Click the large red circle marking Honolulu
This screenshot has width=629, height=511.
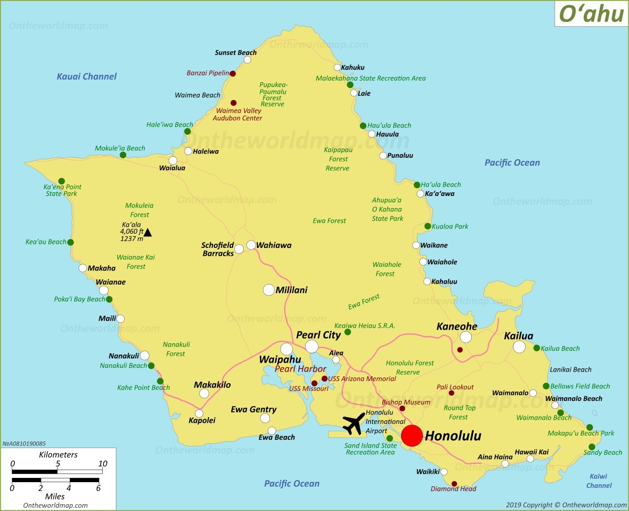tap(412, 436)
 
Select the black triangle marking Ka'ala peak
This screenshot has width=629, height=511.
tap(148, 232)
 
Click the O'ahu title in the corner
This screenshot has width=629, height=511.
tap(591, 14)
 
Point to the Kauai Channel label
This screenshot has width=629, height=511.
tap(86, 77)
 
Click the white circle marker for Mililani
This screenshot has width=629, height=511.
tap(269, 290)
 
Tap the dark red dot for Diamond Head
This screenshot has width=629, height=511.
tap(454, 484)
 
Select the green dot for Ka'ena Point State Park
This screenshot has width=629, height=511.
tap(61, 181)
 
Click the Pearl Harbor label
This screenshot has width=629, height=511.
tap(300, 369)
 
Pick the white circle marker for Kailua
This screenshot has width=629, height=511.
tap(519, 347)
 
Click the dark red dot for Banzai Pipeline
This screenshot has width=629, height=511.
tap(233, 73)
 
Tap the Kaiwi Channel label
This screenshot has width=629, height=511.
tap(599, 481)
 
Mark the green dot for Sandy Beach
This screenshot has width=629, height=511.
tap(592, 447)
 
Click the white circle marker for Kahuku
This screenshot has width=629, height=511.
tap(338, 67)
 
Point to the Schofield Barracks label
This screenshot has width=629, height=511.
tap(218, 249)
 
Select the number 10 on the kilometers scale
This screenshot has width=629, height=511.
tap(102, 464)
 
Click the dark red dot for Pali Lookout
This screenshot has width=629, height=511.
tap(451, 393)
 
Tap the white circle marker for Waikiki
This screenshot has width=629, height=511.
tap(444, 472)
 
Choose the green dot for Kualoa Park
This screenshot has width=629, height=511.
tap(428, 226)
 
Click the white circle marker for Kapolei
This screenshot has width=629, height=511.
tap(199, 413)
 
